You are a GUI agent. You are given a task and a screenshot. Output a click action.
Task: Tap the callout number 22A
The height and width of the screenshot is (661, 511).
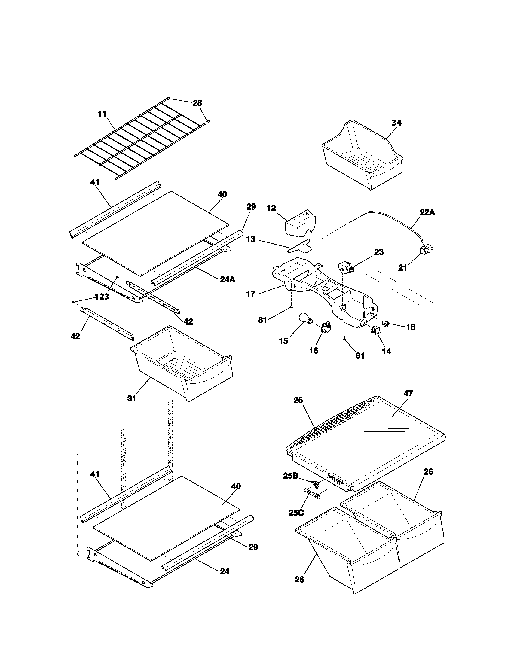pyautogui.click(x=427, y=212)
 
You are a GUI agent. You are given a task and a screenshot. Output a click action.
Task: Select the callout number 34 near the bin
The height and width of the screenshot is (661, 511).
pyautogui.click(x=396, y=123)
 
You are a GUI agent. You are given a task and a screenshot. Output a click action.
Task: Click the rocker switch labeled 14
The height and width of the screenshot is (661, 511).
pyautogui.click(x=375, y=330)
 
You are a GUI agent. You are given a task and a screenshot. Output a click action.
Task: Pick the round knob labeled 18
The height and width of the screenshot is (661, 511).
pyautogui.click(x=387, y=324)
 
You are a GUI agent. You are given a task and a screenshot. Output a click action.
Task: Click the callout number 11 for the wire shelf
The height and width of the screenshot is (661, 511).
pyautogui.click(x=102, y=114)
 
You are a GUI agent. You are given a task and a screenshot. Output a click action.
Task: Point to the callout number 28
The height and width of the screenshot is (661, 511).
pyautogui.click(x=197, y=103)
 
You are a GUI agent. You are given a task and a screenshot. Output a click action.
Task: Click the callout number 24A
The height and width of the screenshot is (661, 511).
pyautogui.click(x=227, y=279)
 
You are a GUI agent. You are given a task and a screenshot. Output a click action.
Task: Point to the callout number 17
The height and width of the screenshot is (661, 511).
pyautogui.click(x=251, y=294)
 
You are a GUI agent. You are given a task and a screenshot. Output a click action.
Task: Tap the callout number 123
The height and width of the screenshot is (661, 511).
pyautogui.click(x=102, y=297)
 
